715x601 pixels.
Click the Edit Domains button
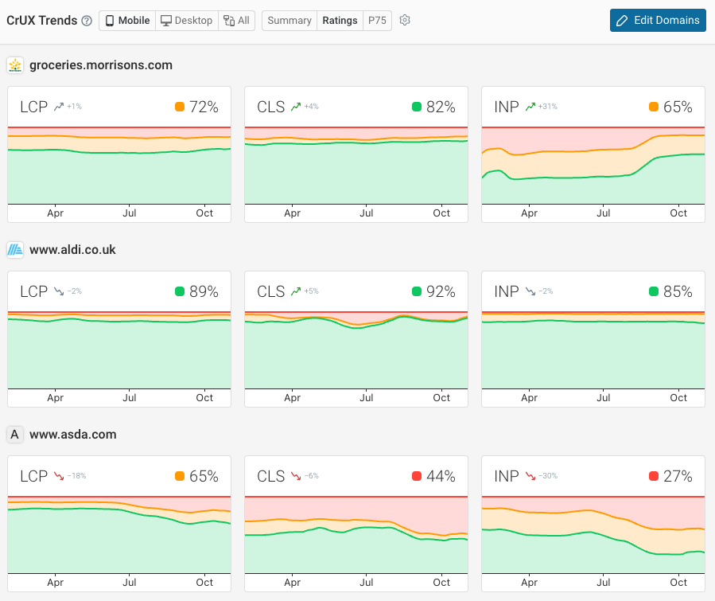pos(658,21)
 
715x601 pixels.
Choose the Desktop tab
pos(187,21)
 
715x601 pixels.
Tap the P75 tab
pos(377,21)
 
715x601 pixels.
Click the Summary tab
pos(289,21)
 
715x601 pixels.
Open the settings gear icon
pos(405,21)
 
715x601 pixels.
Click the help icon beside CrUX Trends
pos(87,21)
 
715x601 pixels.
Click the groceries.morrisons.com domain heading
pos(101,65)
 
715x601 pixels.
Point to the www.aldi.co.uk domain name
pos(72,250)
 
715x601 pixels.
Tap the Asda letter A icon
pos(14,435)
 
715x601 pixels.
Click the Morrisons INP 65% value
pos(678,107)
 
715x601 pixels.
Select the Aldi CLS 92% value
pos(441,291)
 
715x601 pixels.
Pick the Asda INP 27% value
pos(678,476)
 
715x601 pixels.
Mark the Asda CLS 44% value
pos(441,476)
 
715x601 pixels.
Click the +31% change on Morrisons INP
pos(547,107)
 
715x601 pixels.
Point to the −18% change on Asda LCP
pos(76,476)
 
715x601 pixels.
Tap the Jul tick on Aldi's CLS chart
pos(367,398)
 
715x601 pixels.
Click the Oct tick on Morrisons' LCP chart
pos(204,213)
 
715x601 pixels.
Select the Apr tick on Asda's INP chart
pos(529,583)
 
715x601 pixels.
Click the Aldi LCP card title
pos(34,291)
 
